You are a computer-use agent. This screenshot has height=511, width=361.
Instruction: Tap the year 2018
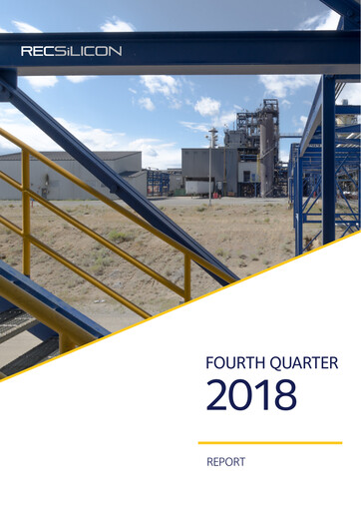tap(251, 396)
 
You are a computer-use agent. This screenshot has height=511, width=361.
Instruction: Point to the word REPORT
tap(225, 462)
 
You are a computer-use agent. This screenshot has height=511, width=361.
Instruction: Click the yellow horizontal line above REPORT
tap(269, 442)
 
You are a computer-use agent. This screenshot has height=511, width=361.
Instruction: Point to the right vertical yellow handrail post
tap(186, 275)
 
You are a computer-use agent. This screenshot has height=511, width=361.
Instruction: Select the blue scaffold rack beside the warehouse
tap(158, 182)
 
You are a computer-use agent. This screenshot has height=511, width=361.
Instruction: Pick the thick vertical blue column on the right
tap(328, 160)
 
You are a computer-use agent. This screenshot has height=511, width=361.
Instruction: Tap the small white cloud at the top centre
tap(117, 24)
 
